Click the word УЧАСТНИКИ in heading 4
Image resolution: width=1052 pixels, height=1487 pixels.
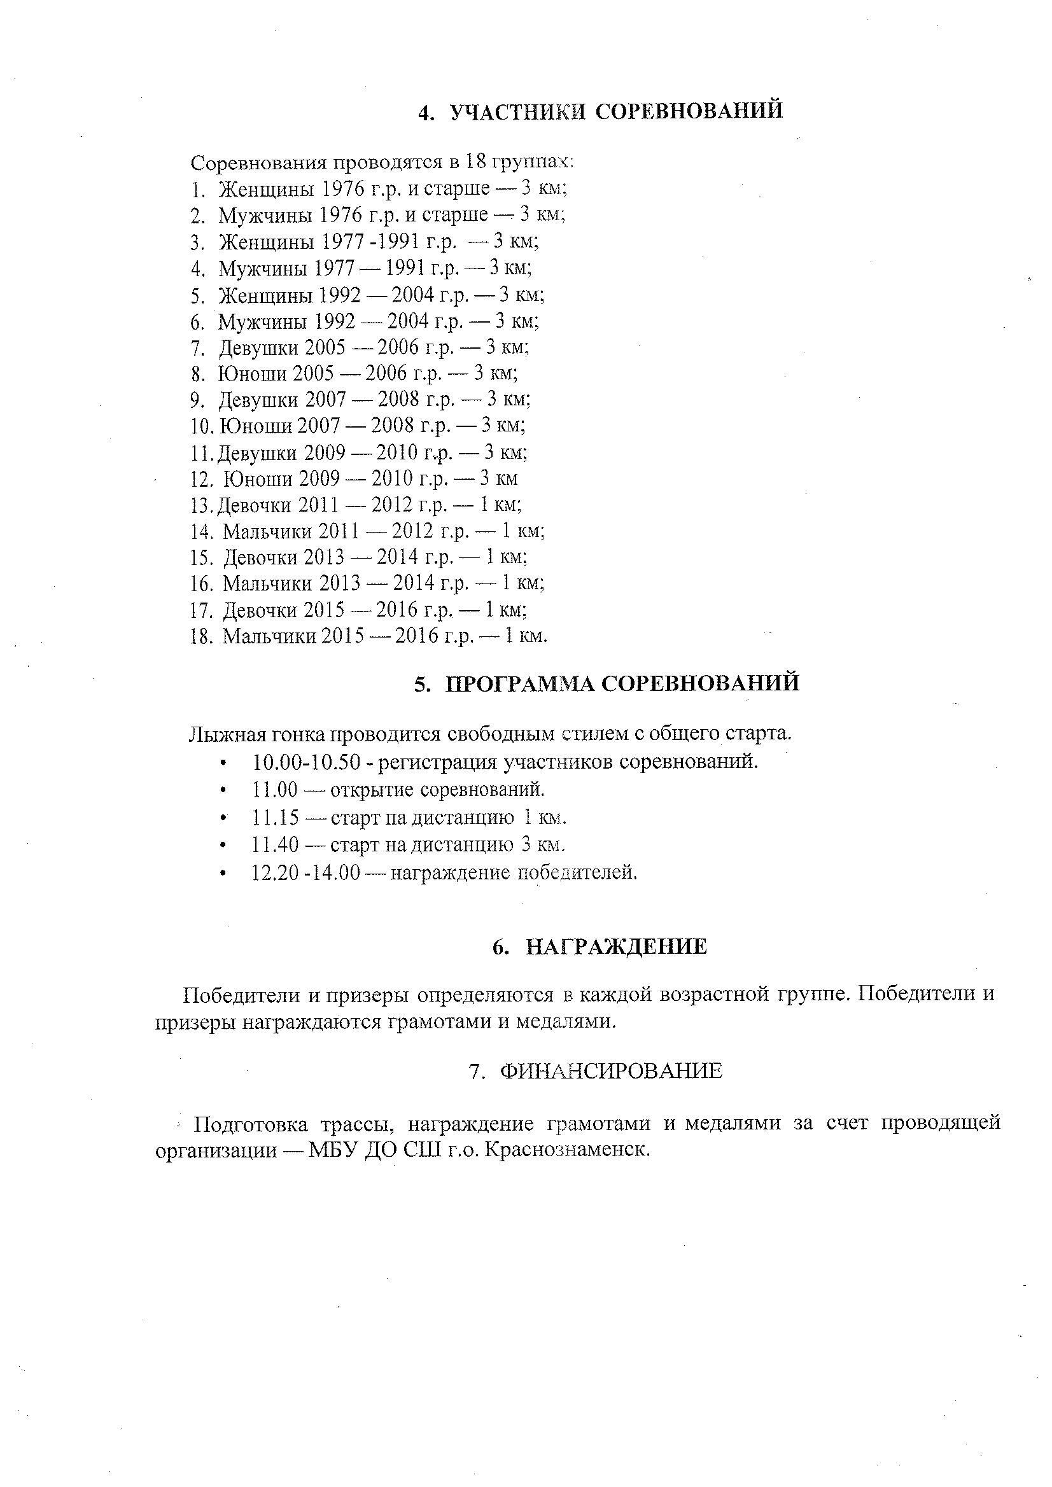517,111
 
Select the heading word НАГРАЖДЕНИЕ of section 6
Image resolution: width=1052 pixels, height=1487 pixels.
616,947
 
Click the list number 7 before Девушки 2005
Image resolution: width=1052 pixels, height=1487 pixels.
197,349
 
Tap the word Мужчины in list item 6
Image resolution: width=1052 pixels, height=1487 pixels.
262,321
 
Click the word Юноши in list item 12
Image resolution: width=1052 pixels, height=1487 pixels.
257,479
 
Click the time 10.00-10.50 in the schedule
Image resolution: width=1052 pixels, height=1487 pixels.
305,762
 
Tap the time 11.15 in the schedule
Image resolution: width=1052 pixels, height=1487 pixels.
276,818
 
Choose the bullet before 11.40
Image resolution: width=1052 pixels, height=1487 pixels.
223,846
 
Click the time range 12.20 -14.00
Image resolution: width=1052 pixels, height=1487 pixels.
305,873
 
